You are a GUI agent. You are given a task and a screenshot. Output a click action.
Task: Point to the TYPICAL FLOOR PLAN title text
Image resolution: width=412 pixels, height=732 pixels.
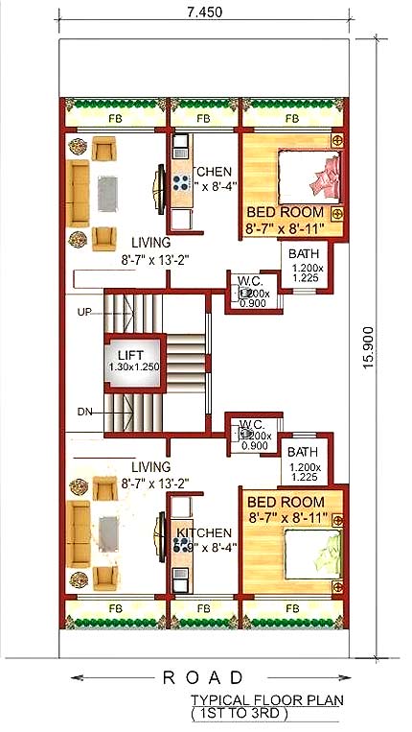point(266,701)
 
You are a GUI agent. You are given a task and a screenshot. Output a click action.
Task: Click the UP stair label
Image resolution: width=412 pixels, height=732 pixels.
point(84,313)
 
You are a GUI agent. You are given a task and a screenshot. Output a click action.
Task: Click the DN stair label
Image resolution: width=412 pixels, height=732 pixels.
point(84,413)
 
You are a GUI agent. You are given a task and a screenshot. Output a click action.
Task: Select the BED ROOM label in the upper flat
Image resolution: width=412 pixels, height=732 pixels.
point(286,212)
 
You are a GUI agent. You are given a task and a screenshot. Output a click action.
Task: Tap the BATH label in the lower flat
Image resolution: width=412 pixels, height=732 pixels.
point(303,452)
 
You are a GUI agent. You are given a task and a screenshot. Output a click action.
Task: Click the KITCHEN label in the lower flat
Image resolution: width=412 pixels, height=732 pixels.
point(203,533)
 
